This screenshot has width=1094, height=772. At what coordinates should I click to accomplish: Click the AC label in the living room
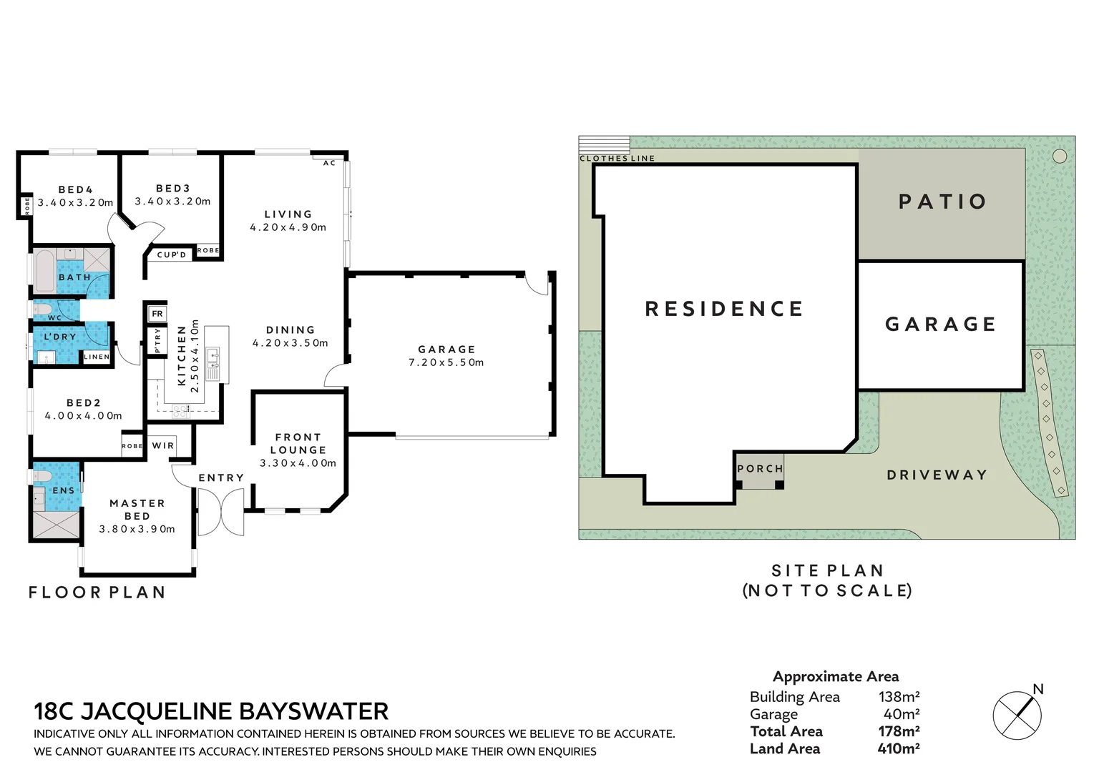(x=329, y=163)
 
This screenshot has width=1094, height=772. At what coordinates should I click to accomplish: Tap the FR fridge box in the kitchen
(x=157, y=314)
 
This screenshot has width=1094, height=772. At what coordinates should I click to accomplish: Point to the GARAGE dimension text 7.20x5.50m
(x=446, y=362)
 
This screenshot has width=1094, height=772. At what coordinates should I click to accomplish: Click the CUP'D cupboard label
(x=172, y=254)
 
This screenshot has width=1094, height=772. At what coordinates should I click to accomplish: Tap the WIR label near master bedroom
(x=163, y=445)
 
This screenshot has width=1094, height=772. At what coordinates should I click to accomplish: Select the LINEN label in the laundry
(x=97, y=357)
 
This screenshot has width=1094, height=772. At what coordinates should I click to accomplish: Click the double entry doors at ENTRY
(x=220, y=512)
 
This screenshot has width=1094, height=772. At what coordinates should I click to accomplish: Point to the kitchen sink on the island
(x=213, y=355)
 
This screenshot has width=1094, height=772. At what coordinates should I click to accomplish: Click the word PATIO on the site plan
(x=942, y=202)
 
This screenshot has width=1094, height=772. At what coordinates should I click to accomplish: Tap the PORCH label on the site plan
(x=760, y=469)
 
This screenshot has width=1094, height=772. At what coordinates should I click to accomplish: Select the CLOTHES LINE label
(x=617, y=158)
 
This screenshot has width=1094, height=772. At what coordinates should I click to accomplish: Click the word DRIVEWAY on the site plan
(x=937, y=475)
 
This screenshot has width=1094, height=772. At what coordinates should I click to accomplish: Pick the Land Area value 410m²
(x=898, y=748)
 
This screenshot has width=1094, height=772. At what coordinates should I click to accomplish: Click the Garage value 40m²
(x=901, y=713)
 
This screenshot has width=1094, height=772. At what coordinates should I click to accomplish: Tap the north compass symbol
(x=1017, y=714)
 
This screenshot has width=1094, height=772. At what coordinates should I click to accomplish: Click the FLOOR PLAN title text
(x=97, y=592)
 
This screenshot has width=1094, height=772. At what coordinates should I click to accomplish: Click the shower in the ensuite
(x=56, y=525)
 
